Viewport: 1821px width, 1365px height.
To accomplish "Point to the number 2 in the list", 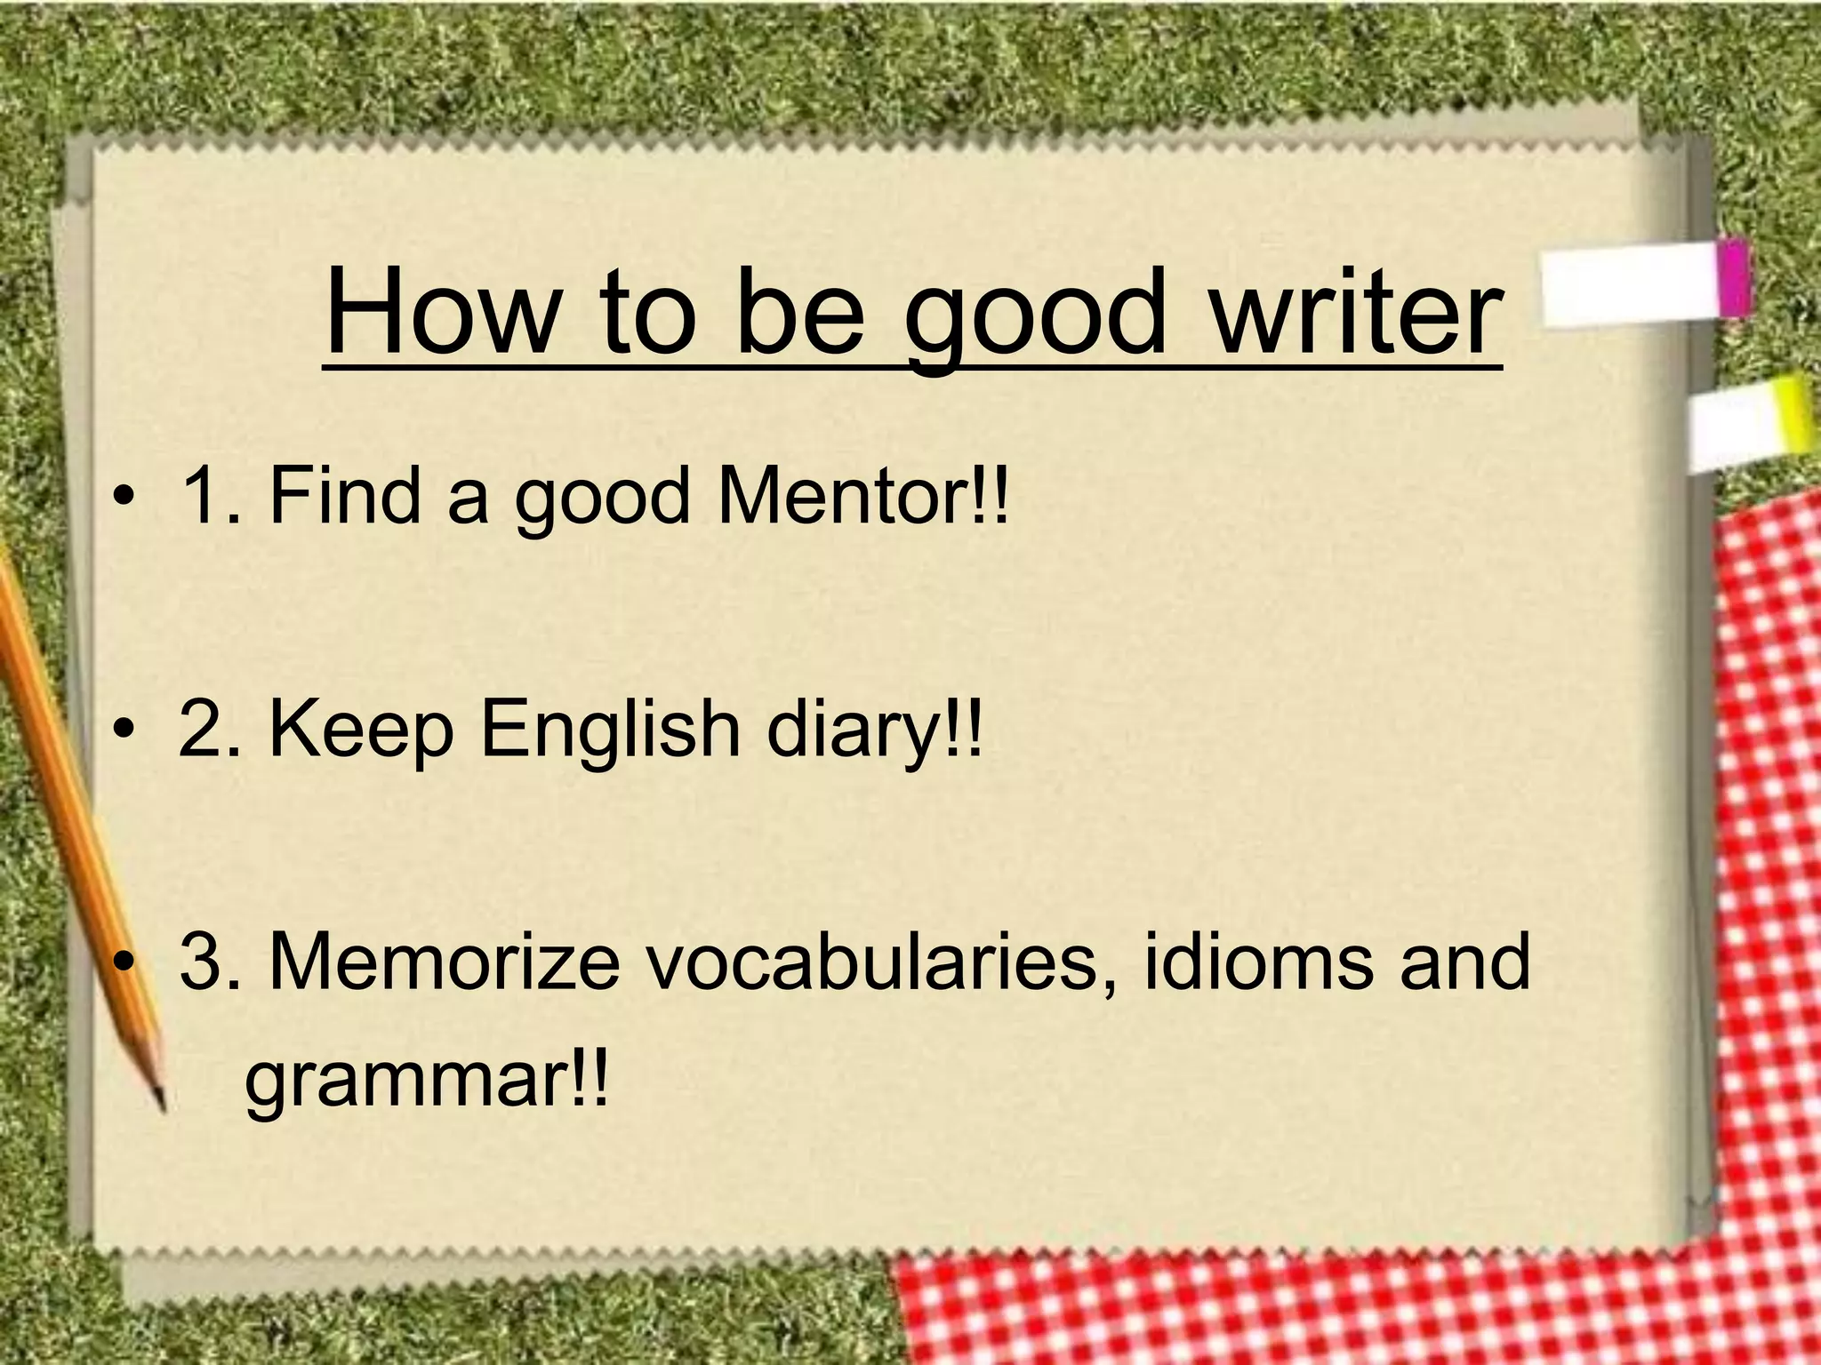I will click(x=203, y=728).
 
